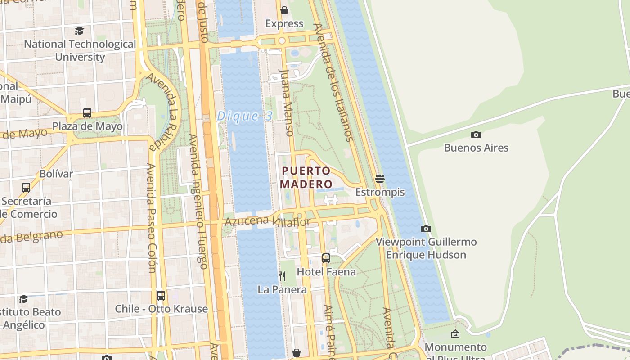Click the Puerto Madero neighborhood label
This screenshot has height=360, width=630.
point(306,177)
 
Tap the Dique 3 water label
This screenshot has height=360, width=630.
point(245,116)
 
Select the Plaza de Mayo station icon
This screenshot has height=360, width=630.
point(87,113)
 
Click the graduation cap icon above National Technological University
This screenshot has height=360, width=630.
point(80,31)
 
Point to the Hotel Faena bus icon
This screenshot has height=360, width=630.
point(326,258)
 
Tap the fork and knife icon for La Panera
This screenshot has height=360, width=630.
point(282,276)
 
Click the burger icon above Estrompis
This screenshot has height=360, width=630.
point(380,179)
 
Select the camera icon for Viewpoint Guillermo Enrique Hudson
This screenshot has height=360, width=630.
point(426,229)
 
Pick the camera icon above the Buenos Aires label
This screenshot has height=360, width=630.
point(476,135)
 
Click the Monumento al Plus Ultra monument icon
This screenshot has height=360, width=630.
point(455,334)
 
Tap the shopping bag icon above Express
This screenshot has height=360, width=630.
point(284,10)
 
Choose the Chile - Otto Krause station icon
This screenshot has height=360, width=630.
point(161,296)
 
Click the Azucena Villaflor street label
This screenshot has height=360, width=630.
point(268,221)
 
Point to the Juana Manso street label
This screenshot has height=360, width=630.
point(287,102)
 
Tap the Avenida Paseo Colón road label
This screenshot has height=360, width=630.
point(151,218)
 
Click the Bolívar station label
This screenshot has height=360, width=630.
point(56,174)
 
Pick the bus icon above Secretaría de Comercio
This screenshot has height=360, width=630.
point(26,187)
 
